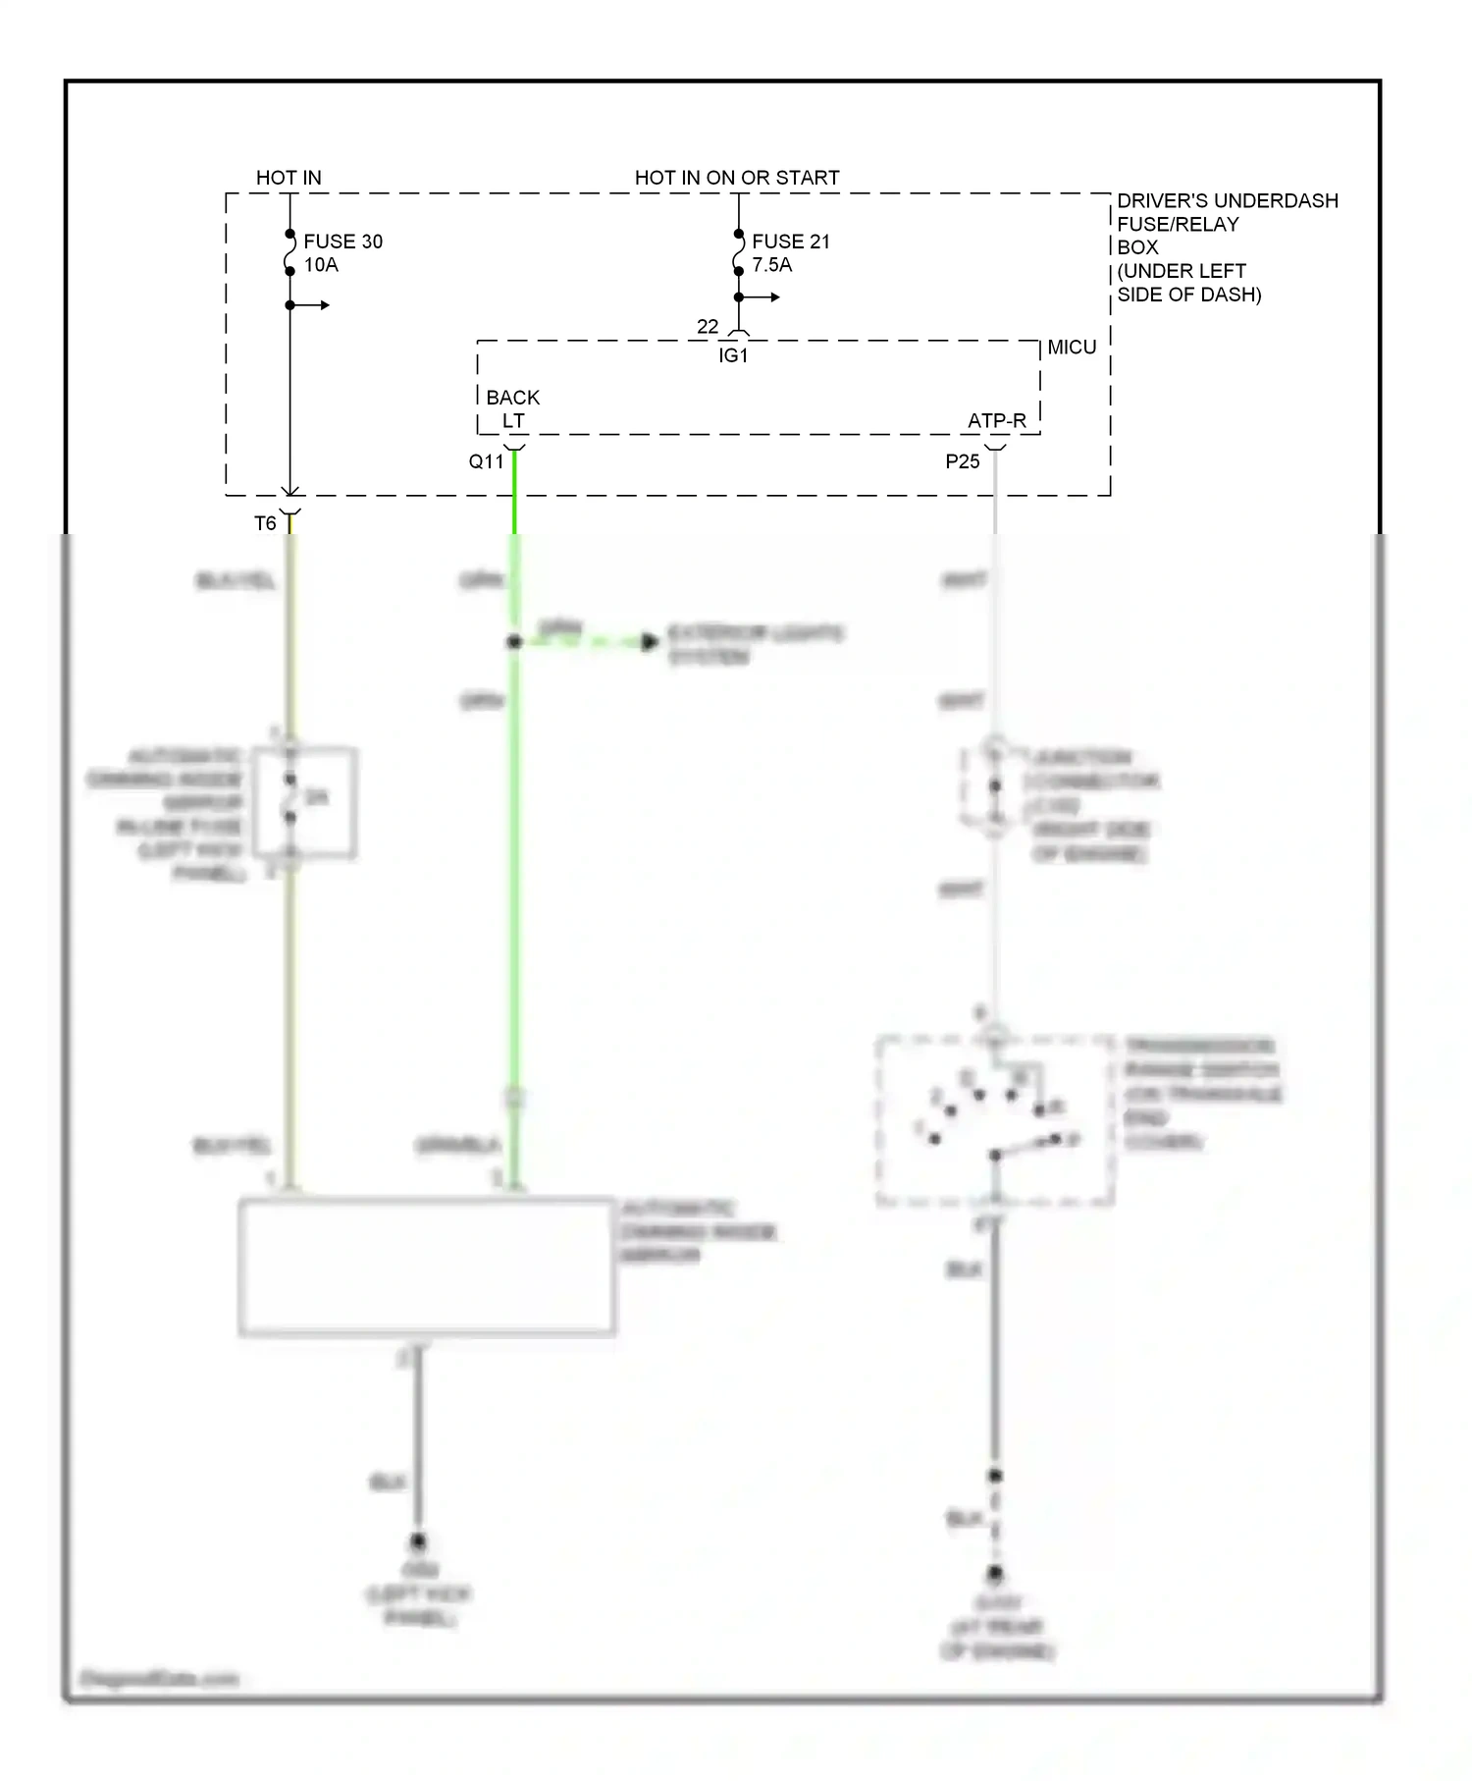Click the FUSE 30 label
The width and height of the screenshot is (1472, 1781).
pos(342,242)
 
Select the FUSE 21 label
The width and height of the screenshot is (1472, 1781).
pos(790,242)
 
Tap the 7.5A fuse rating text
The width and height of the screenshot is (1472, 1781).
pos(771,265)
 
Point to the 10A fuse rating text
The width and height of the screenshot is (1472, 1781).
pos(321,265)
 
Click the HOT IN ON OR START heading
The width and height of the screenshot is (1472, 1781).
pos(737,178)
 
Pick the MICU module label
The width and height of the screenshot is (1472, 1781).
pos(1072,348)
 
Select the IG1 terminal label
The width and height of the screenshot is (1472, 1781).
pos(733,356)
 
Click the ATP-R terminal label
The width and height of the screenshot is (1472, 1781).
pos(996,421)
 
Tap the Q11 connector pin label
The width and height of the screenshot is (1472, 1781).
pos(486,461)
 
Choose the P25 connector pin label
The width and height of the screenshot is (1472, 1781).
pos(963,461)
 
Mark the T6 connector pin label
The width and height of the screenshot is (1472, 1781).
pos(265,523)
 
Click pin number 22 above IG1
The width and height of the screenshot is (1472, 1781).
pos(708,326)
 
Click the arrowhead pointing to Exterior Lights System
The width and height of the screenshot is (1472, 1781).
pos(650,643)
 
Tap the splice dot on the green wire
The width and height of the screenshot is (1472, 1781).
pos(513,642)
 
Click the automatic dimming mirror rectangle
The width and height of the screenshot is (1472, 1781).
pos(427,1267)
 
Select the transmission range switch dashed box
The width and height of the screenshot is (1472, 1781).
pos(994,1120)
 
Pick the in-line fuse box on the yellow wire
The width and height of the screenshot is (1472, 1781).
pos(304,802)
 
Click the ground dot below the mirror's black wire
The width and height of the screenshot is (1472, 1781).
pos(418,1540)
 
